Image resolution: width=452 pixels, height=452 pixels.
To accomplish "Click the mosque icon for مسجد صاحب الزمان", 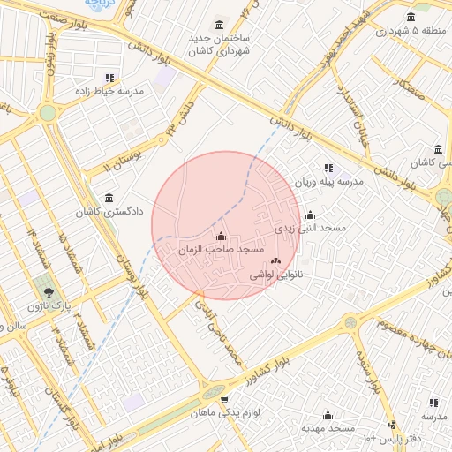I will pyautogui.click(x=221, y=237).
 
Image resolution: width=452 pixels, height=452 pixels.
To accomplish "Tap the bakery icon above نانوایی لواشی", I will pyautogui.click(x=275, y=260).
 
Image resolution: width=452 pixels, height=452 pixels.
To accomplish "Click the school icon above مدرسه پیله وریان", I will pyautogui.click(x=328, y=168).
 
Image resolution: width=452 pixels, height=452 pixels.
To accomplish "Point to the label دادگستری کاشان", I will pyautogui.click(x=108, y=212).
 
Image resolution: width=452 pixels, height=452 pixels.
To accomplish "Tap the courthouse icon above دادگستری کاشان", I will pyautogui.click(x=109, y=198).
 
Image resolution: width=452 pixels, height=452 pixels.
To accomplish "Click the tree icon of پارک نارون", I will pyautogui.click(x=48, y=291).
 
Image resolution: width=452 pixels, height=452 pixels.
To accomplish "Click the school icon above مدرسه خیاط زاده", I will pyautogui.click(x=109, y=79).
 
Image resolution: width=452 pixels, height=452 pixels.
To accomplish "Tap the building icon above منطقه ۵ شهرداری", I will pyautogui.click(x=411, y=17).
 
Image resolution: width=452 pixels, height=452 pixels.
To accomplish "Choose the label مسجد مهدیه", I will pyautogui.click(x=328, y=428).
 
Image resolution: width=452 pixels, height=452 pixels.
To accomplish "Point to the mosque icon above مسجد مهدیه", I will pyautogui.click(x=328, y=415).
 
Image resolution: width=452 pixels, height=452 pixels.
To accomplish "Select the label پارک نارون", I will pyautogui.click(x=48, y=305).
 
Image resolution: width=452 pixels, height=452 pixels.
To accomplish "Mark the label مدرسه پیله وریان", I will pyautogui.click(x=328, y=182).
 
